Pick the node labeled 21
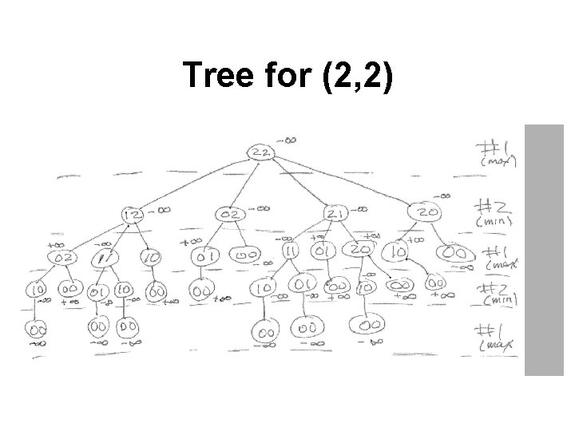pyautogui.click(x=335, y=214)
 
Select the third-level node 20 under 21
pyautogui.click(x=359, y=249)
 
